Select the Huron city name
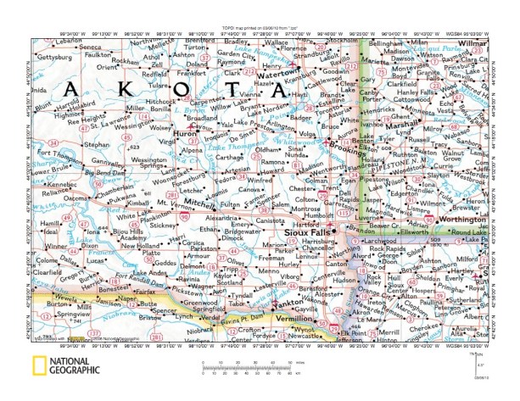[x=182, y=135]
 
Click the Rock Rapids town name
[x=393, y=248]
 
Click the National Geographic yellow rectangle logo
[x=37, y=367]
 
